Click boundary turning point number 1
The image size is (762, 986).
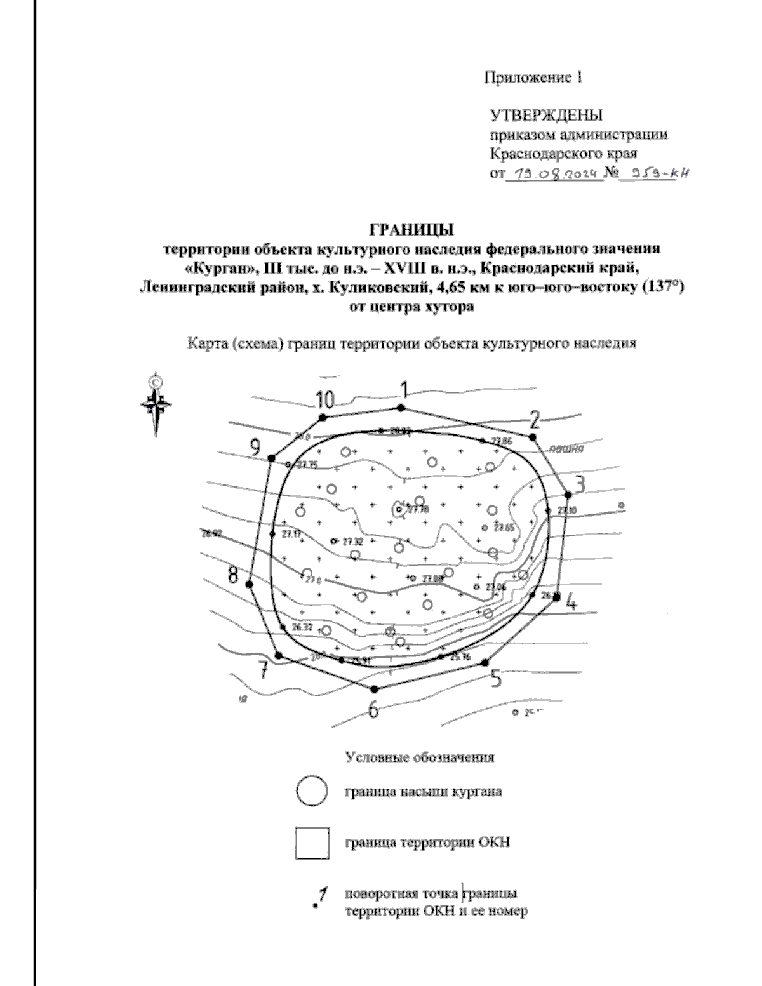[x=400, y=408]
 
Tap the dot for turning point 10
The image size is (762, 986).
[x=323, y=417]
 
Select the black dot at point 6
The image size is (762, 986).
[x=374, y=689]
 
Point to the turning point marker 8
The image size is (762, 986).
[x=250, y=584]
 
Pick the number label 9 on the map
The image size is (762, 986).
[x=255, y=448]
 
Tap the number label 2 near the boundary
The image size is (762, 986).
[x=535, y=420]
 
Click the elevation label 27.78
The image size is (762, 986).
[x=418, y=509]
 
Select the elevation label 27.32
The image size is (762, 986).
[x=352, y=542]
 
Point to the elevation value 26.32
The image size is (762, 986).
[x=302, y=627]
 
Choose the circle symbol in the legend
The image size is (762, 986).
[x=311, y=792]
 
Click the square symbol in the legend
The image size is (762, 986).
[x=312, y=843]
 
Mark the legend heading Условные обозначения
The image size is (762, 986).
[x=420, y=757]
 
